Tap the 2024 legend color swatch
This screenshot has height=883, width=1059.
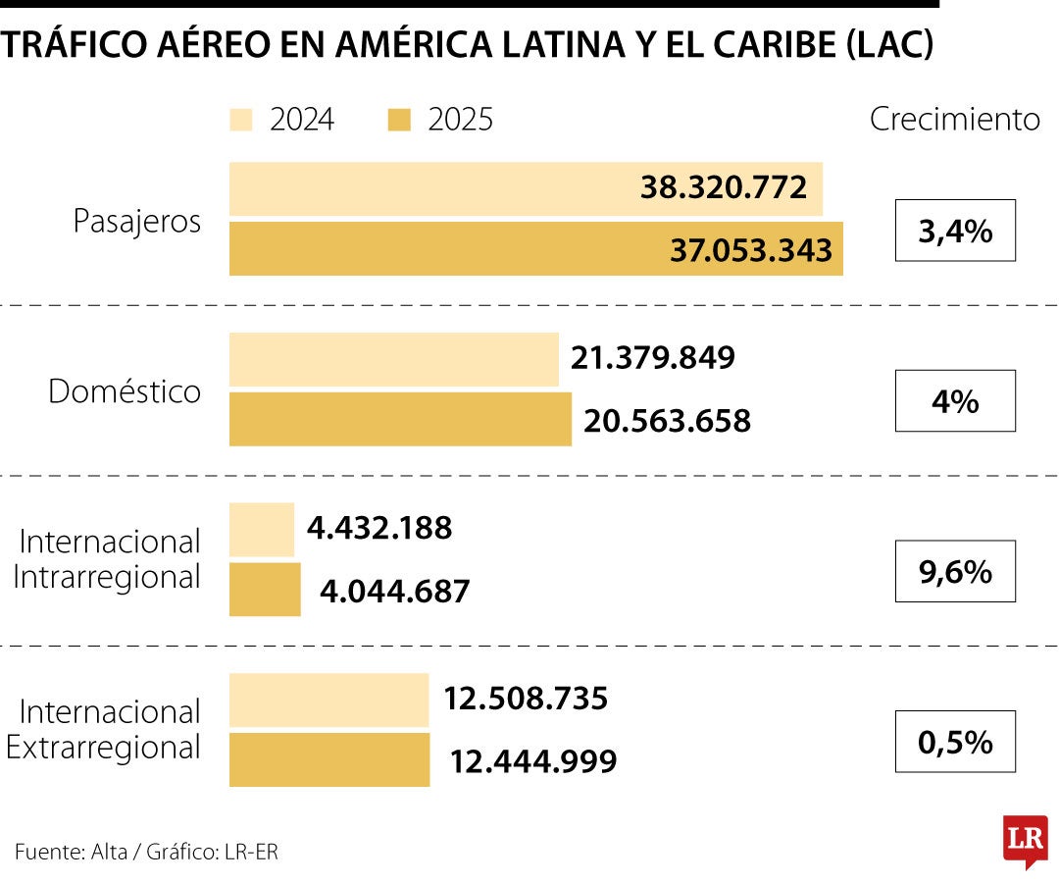[241, 120]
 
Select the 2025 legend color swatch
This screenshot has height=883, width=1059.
[399, 120]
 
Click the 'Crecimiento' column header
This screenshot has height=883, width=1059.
[954, 119]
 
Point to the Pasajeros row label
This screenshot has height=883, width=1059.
[137, 221]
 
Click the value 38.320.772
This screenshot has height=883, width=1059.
[724, 187]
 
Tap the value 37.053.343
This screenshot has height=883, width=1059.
[751, 250]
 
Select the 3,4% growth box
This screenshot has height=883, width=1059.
[955, 231]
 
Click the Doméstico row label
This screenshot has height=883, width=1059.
[125, 391]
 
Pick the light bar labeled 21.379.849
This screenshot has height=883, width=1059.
[393, 359]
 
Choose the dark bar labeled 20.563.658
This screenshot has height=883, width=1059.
[400, 420]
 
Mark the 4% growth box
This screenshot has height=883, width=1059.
[955, 400]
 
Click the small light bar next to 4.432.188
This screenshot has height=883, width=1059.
[262, 530]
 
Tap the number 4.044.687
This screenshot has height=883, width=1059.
[395, 592]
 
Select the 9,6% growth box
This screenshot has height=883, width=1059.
[955, 571]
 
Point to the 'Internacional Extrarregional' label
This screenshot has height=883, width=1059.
[104, 729]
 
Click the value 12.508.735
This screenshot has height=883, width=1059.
[526, 700]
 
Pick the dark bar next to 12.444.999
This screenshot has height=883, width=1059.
[329, 760]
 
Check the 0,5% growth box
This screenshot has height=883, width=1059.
[955, 742]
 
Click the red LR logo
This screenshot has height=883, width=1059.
[1025, 839]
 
